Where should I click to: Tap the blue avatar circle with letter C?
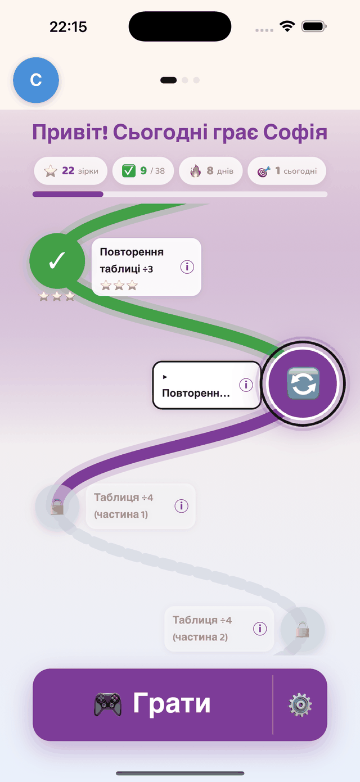[36, 80]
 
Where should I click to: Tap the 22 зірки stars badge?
[70, 171]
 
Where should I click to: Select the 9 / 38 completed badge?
[143, 171]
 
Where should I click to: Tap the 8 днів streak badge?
[211, 171]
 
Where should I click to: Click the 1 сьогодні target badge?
[287, 171]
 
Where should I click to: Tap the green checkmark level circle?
[57, 261]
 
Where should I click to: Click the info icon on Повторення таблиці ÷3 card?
[187, 267]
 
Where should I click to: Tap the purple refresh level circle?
[303, 383]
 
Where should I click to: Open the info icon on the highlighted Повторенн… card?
[246, 385]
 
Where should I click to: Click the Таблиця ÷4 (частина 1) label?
[124, 506]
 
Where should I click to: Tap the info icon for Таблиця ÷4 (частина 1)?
[182, 506]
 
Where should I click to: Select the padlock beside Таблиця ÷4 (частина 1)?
[57, 507]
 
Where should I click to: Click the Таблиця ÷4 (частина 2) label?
[202, 629]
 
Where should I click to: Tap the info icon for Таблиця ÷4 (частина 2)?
[260, 629]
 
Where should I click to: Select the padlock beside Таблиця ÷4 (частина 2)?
[303, 630]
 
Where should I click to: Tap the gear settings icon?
[300, 705]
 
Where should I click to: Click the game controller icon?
[108, 704]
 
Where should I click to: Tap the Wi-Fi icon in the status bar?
[287, 26]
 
